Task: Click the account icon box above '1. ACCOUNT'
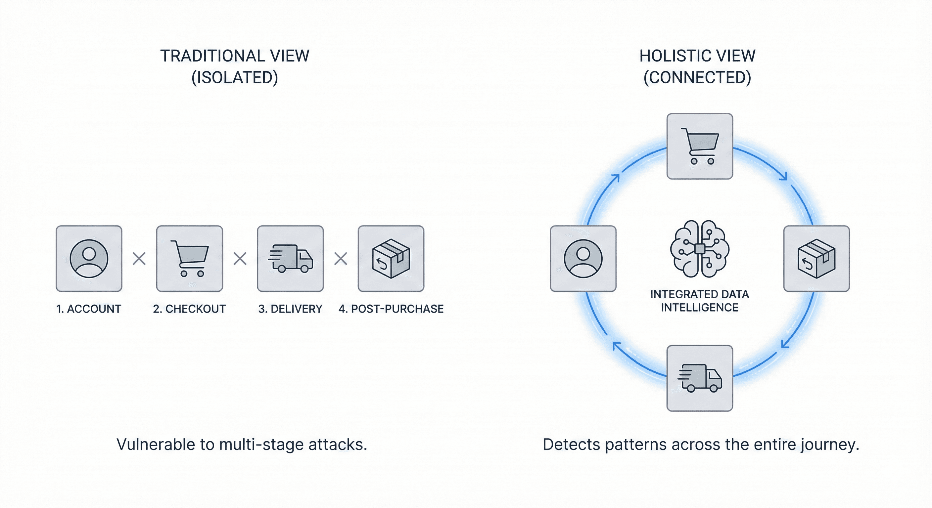[x=89, y=259]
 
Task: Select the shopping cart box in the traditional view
[x=190, y=259]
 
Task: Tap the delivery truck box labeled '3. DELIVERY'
[x=290, y=259]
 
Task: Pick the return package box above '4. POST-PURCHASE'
[x=391, y=259]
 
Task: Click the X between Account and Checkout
[x=139, y=259]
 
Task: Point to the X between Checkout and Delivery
[x=240, y=259]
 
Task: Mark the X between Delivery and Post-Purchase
[x=341, y=259]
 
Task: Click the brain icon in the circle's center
[x=700, y=249]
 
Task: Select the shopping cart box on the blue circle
[x=700, y=146]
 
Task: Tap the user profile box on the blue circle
[x=583, y=259]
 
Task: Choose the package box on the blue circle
[x=816, y=259]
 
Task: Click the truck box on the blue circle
[x=700, y=378]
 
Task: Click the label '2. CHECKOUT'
[x=189, y=309]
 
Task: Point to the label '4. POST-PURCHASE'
[x=391, y=309]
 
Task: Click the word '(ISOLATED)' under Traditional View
[x=235, y=78]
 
